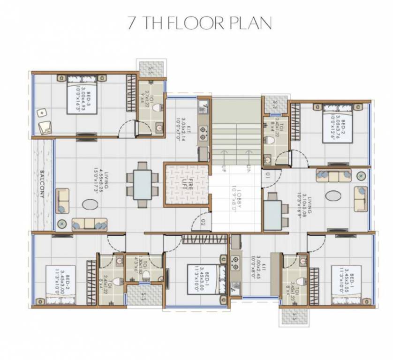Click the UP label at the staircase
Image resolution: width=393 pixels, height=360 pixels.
224,169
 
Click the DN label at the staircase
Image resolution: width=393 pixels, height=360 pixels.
249,169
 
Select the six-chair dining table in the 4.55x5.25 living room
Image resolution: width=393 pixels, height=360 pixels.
141,184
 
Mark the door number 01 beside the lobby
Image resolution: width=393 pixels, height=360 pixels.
267,176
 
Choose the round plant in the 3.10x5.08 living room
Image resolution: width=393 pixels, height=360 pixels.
361,175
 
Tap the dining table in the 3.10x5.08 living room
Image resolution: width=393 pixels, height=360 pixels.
273,215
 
